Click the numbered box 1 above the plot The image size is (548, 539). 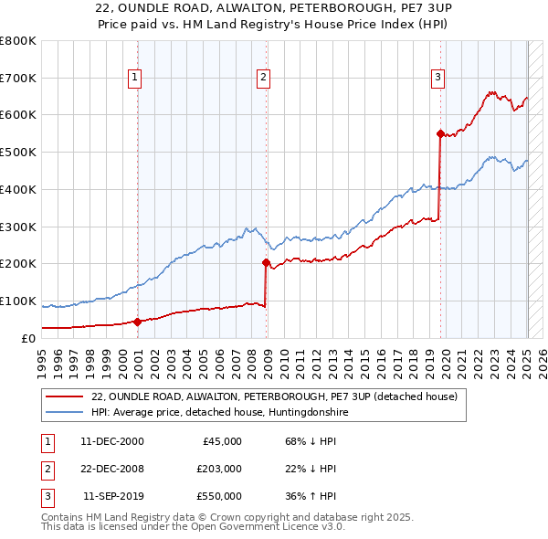(x=134, y=79)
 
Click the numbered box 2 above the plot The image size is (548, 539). (x=262, y=79)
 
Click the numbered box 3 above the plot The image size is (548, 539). (x=438, y=79)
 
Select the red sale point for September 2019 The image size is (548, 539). (x=440, y=133)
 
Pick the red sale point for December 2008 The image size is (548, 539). (x=267, y=262)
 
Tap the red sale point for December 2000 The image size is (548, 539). (x=137, y=322)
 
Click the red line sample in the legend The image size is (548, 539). (x=65, y=396)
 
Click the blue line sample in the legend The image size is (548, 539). (x=65, y=412)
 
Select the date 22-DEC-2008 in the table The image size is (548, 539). (x=112, y=469)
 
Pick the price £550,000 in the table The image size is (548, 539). (x=219, y=496)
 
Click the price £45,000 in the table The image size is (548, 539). (x=222, y=441)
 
